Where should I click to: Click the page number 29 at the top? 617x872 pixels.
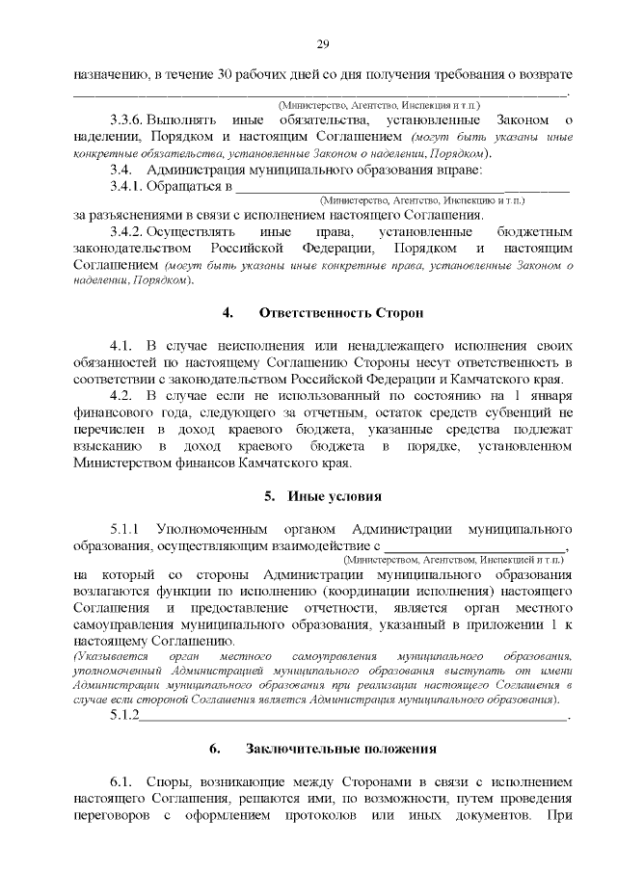click(323, 43)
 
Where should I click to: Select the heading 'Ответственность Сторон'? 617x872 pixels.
click(341, 313)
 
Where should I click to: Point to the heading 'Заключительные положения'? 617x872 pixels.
click(341, 748)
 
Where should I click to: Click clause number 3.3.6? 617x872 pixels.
click(126, 119)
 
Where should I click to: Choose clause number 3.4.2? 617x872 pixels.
click(126, 232)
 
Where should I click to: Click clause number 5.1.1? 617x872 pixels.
click(126, 529)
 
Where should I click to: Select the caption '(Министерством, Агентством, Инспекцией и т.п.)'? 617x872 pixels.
click(453, 558)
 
